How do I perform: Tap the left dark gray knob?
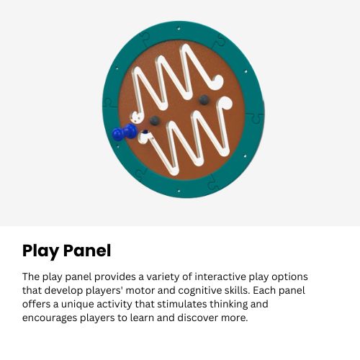pyautogui.click(x=153, y=121)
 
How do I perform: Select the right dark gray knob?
pyautogui.click(x=204, y=99)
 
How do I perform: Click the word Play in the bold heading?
pyautogui.click(x=42, y=251)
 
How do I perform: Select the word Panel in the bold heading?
pyautogui.click(x=88, y=251)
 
